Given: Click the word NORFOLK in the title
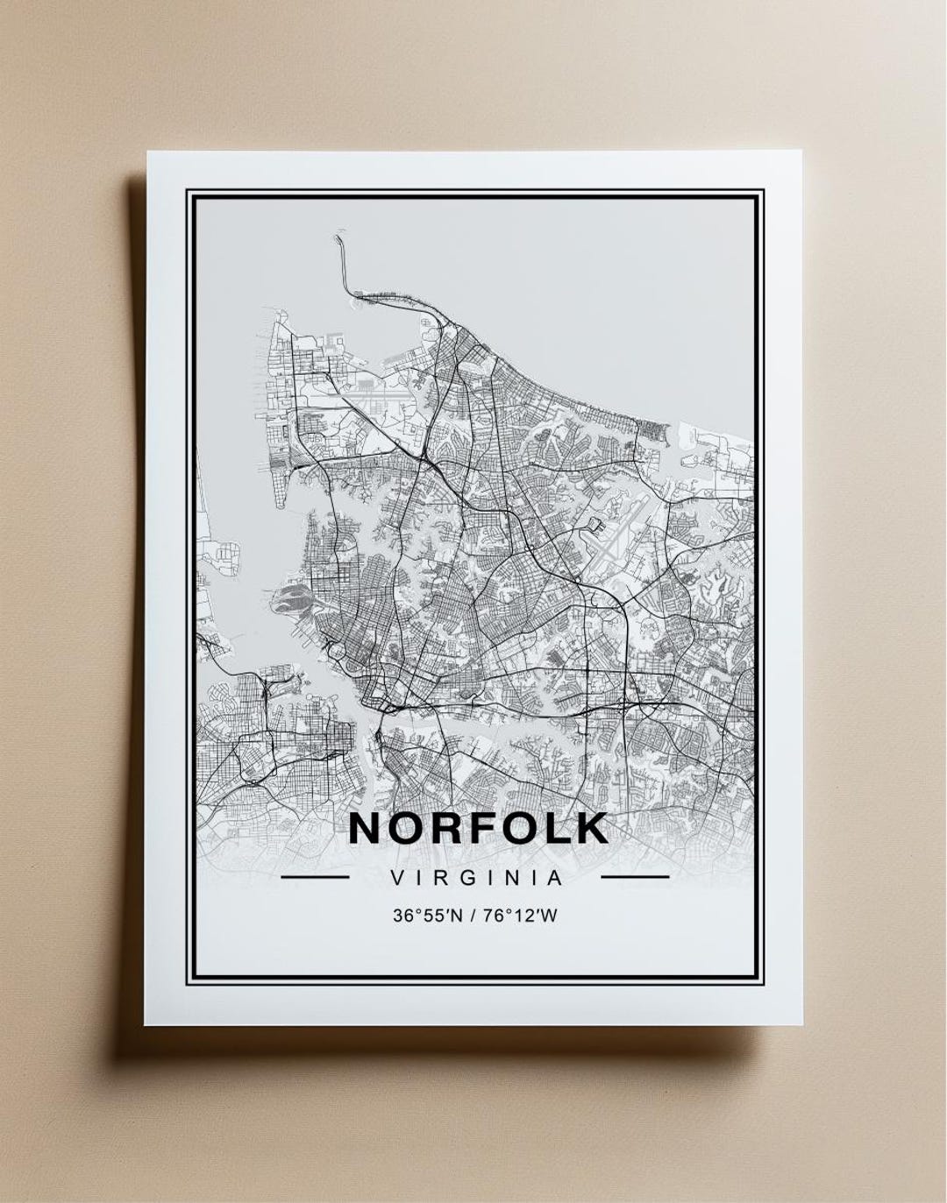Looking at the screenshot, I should coord(479,828).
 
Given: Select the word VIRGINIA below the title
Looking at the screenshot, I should coord(478,876).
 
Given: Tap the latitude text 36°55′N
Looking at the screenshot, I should coord(427,916).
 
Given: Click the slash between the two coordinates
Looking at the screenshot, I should coord(475,916).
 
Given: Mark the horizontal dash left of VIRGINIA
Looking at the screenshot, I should coord(315,876).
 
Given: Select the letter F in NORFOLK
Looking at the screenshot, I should coord(467,828).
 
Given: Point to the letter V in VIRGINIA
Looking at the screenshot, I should coord(400,876).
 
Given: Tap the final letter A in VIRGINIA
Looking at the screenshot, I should coord(555,876).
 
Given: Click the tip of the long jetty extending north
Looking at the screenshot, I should coord(337,237).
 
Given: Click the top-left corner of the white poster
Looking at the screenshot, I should coord(147,153).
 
